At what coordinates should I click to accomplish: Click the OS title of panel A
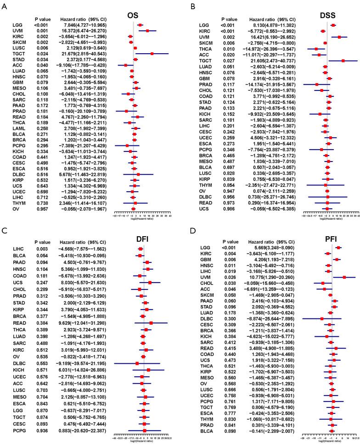[x=133, y=15]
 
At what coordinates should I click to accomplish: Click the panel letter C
[x=4, y=231]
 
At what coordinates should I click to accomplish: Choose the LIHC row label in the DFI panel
[x=19, y=248]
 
